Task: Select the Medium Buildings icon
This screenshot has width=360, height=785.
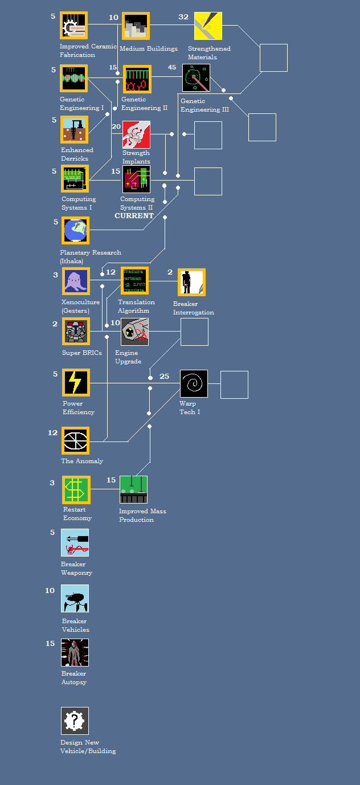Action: point(135,26)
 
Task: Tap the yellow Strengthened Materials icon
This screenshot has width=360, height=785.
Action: point(208,26)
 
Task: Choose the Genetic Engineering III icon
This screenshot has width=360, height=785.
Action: point(196,77)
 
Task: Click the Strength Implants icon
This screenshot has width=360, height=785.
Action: point(136,134)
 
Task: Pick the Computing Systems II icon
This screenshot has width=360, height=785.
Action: point(136,179)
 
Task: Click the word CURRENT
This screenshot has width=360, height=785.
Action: point(134,216)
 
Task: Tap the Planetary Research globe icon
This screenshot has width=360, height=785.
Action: point(75,231)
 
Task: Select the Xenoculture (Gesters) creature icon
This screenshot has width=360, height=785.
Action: point(76,281)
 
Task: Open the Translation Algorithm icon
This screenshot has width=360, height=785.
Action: point(134,281)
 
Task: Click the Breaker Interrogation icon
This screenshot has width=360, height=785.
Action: point(191,283)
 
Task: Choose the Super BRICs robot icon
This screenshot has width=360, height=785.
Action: point(76,332)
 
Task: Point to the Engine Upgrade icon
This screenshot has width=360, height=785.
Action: point(134,332)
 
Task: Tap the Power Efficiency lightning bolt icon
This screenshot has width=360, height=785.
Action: point(76,383)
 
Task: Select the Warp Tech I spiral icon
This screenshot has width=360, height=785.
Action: point(194,383)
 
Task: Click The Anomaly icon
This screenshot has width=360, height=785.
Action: point(76,441)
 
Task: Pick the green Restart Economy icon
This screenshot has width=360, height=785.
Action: point(76,490)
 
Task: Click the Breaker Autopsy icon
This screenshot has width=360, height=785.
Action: point(75,652)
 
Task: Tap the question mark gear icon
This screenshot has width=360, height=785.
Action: point(75,721)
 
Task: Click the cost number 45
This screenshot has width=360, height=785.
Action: point(172,67)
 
